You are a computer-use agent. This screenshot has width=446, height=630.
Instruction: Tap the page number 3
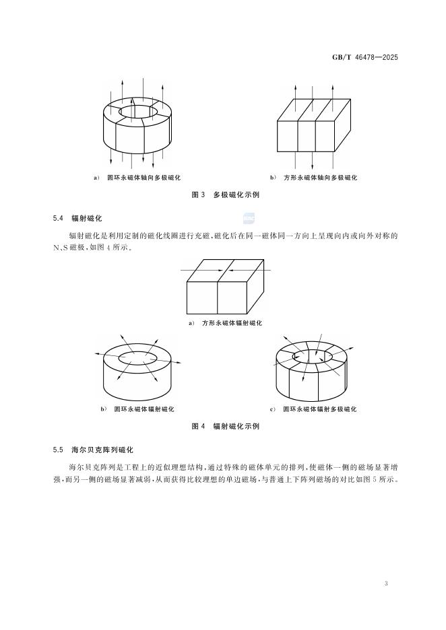click(386, 583)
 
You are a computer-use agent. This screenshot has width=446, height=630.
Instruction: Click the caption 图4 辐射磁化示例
click(226, 426)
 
